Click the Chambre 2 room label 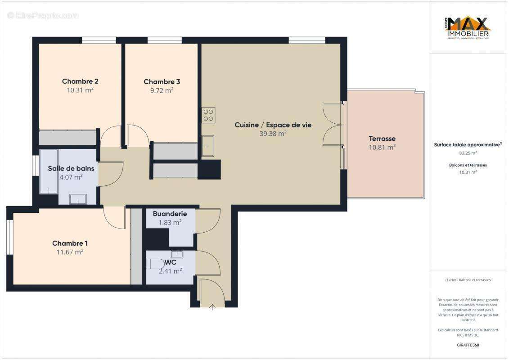(80, 81)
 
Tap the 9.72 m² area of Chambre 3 (162, 90)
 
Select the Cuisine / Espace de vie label (273, 125)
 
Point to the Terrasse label (382, 139)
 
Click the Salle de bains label (71, 169)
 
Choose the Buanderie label (170, 214)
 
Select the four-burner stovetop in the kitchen (208, 115)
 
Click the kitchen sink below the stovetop (207, 146)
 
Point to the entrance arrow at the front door (212, 307)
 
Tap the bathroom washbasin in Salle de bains (78, 199)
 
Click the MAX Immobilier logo (468, 28)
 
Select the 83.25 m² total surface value (468, 153)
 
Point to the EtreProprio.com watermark (43, 16)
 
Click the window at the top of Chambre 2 (99, 40)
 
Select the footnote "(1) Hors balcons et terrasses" (468, 280)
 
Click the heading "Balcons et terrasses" (468, 165)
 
